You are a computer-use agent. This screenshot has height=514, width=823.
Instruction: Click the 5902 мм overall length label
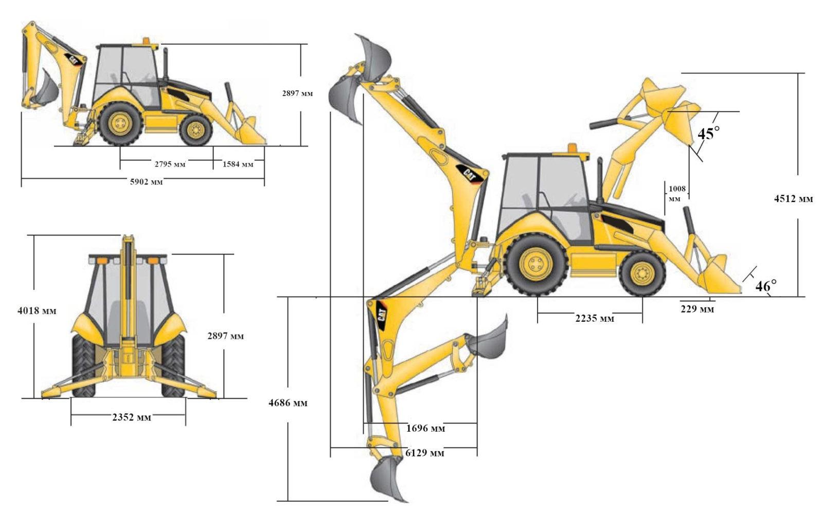[x=146, y=181]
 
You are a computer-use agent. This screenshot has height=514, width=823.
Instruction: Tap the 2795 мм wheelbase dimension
[x=170, y=164]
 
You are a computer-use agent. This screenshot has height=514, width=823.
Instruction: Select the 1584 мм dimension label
[x=238, y=164]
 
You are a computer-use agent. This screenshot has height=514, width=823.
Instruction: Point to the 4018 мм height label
[x=37, y=310]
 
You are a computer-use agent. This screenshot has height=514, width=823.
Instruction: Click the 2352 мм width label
[x=132, y=417]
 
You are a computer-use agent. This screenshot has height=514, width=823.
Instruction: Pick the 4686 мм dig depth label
[x=288, y=403]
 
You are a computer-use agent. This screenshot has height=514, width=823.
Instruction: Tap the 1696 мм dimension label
[x=425, y=428]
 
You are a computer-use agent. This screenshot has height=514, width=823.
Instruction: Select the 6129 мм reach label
[x=425, y=453]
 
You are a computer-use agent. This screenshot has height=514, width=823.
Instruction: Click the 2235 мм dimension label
[x=595, y=318]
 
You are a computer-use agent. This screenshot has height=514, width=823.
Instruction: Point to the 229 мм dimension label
[x=697, y=309]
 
